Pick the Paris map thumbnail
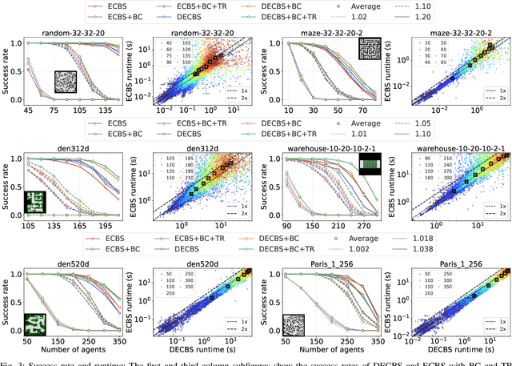296,324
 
